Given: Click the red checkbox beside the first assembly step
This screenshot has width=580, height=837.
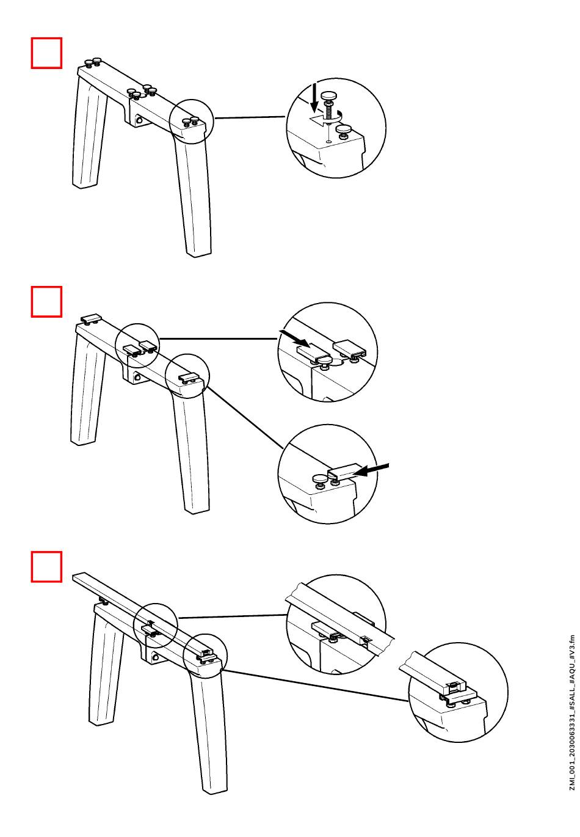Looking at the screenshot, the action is coord(46,53).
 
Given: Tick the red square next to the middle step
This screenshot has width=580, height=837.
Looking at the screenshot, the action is coord(46,302).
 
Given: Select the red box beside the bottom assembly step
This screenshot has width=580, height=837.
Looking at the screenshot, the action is coord(46,566).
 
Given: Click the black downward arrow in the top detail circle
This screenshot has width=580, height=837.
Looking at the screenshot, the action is coord(314,98).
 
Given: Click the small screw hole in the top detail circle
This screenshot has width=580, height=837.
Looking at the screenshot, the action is coord(328,142).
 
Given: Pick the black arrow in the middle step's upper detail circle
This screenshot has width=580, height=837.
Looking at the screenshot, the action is coord(294,338).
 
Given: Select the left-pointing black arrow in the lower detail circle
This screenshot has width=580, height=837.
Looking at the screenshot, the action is coord(371,469).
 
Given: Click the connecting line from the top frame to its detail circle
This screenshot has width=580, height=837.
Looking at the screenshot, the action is coord(250,117).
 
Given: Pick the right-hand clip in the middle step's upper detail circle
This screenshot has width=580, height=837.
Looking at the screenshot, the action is coord(350,349).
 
